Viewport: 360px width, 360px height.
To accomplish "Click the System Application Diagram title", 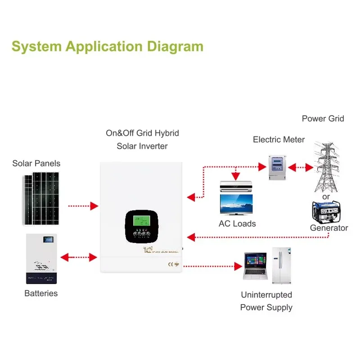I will (x=107, y=46).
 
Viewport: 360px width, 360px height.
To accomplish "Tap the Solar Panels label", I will (x=36, y=163).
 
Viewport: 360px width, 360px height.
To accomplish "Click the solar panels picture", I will (x=41, y=199).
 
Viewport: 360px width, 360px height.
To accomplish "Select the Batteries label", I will (x=41, y=293).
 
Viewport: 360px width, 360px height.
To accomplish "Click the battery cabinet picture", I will (x=42, y=258).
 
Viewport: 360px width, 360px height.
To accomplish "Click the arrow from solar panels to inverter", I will (x=83, y=206).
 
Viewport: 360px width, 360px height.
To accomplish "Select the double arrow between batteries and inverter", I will (x=79, y=258).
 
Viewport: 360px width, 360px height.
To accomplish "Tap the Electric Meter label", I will (x=279, y=139).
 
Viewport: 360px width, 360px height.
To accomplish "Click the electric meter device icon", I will (x=279, y=167).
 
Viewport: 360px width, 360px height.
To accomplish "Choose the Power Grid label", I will (x=323, y=119).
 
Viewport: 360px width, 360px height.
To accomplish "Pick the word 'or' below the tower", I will (x=326, y=197).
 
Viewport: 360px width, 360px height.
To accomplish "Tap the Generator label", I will (x=329, y=228).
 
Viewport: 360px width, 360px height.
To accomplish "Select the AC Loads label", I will (x=237, y=224).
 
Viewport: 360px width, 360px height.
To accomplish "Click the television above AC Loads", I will (x=236, y=205).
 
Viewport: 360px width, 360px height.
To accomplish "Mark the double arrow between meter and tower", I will (x=301, y=167).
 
